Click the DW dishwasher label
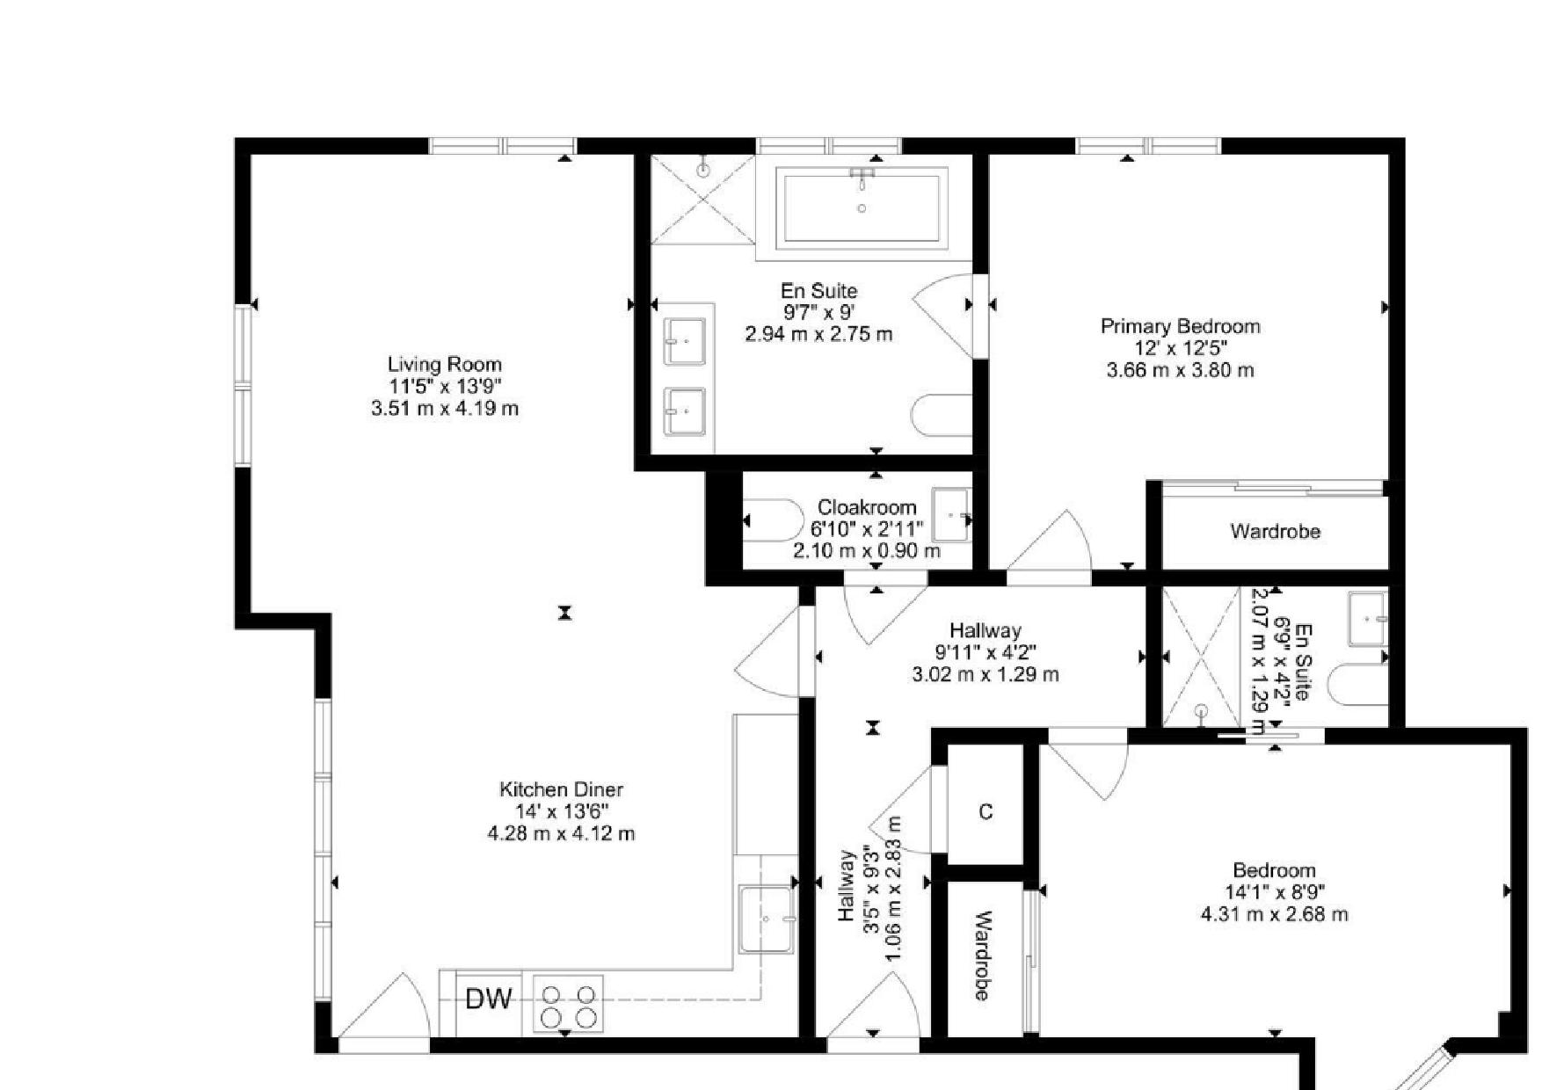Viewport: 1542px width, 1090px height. point(489,999)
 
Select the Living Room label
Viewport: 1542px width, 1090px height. point(445,364)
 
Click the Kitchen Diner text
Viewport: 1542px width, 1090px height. point(561,789)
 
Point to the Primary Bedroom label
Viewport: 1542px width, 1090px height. point(1181,326)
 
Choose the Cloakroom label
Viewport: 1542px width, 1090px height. point(867,507)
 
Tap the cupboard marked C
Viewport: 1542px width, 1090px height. point(986,811)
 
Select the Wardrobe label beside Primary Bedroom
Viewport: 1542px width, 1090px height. point(1275,531)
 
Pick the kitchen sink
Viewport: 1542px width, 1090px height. point(767,919)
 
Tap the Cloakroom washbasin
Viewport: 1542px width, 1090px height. point(950,515)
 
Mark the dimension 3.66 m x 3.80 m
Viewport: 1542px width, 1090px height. point(1181,370)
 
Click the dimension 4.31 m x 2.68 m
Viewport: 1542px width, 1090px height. point(1275,914)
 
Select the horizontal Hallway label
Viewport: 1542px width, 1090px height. point(986,630)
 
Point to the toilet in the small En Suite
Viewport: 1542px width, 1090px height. point(1358,685)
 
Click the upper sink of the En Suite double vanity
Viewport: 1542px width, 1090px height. point(685,341)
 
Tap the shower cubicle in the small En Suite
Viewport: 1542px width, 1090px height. point(1202,658)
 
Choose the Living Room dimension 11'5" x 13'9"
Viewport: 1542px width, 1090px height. point(445,386)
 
